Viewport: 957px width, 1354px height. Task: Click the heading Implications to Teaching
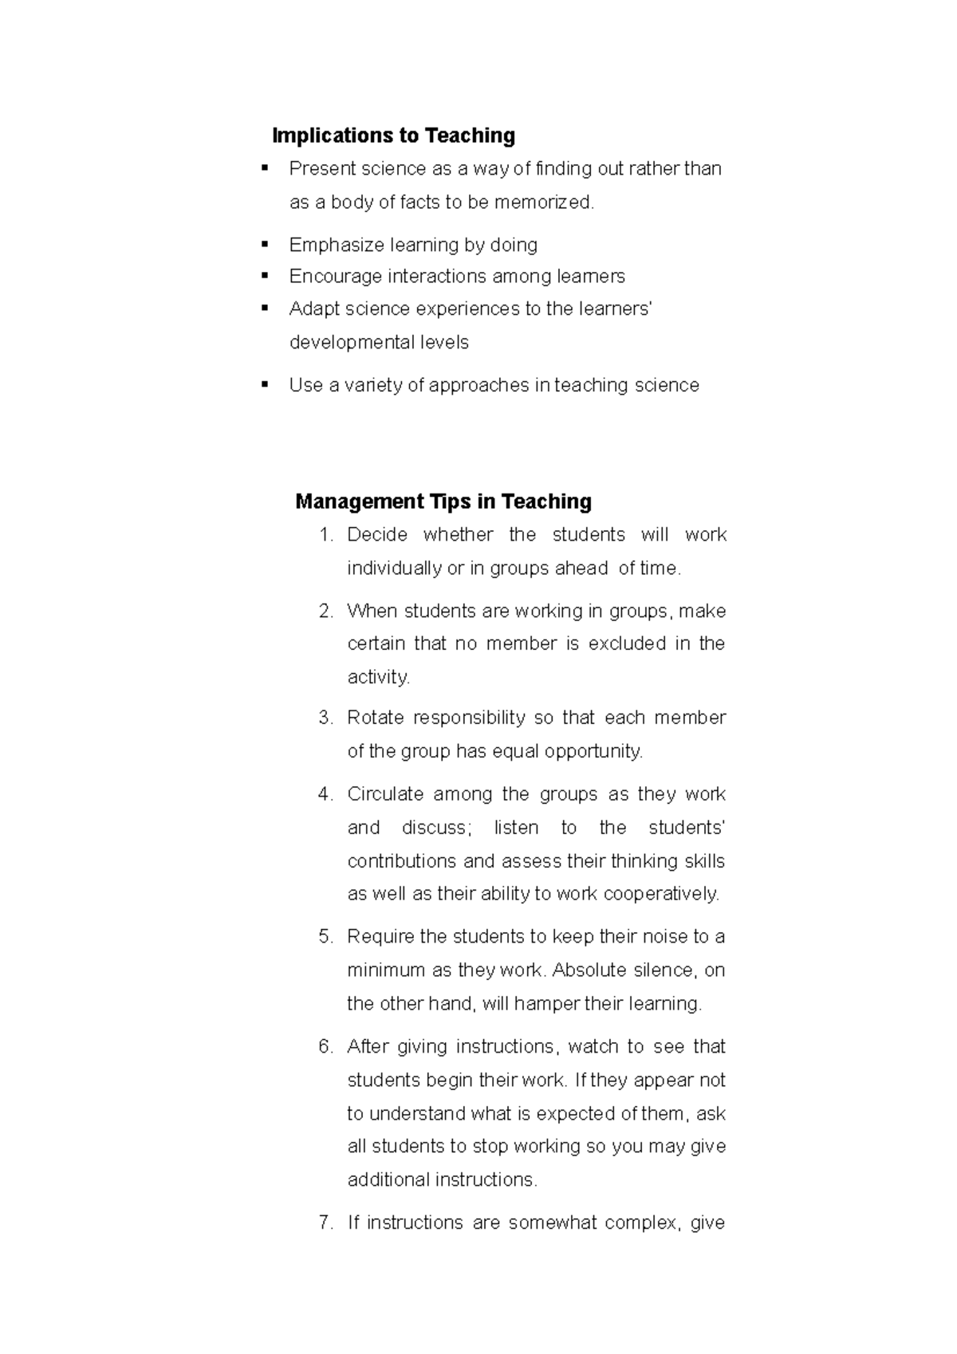[x=393, y=136]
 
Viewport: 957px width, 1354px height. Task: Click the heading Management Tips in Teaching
[x=443, y=502]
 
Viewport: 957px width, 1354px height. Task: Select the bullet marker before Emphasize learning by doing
[x=265, y=244]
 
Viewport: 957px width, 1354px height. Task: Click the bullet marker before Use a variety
[x=265, y=385]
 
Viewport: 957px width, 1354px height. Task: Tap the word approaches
[x=478, y=386]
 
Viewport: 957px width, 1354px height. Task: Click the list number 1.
[x=325, y=535]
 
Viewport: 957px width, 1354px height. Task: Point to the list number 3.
[x=325, y=718]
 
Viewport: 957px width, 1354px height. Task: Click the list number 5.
[x=325, y=937]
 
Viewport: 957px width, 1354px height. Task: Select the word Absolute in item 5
[x=589, y=970]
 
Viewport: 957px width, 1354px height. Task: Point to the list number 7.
[x=325, y=1223]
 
